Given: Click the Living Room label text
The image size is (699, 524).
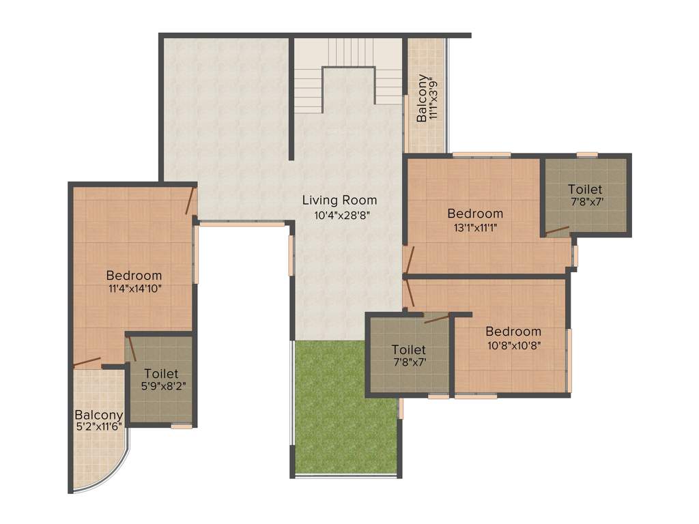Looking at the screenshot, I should (339, 200).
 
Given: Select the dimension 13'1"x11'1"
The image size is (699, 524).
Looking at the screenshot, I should (475, 228).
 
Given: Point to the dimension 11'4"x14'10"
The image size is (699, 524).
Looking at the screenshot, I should (134, 289).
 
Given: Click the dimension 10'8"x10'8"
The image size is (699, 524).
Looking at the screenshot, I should (513, 345).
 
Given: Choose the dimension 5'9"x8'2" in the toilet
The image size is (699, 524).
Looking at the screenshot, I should (161, 386).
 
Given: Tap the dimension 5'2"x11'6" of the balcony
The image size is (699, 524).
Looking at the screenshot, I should (99, 427).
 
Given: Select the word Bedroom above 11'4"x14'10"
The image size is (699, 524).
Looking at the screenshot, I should (134, 275).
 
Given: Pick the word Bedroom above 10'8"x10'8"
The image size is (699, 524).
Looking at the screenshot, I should (513, 332).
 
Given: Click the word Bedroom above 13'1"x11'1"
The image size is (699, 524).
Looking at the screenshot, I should (475, 214).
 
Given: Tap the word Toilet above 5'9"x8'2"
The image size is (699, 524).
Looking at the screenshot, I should (161, 373).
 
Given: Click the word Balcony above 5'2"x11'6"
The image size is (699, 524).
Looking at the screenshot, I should (99, 414).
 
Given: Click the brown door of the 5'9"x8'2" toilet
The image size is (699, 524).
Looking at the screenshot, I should (132, 348).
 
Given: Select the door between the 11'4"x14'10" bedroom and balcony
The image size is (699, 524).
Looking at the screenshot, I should (87, 362).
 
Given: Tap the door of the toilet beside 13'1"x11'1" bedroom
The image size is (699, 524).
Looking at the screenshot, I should (557, 230).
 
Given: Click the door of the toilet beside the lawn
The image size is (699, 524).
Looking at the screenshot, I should (437, 317).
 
